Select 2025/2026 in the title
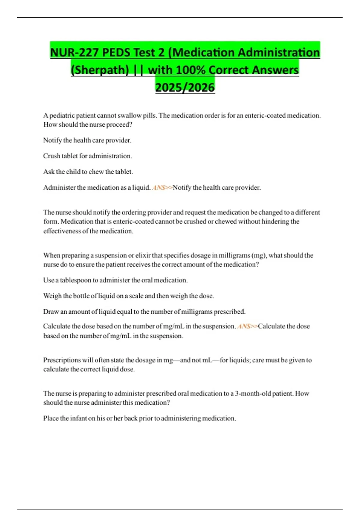[x=185, y=87]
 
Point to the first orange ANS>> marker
[x=162, y=188]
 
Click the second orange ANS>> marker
[x=247, y=326]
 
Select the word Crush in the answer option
[x=52, y=156]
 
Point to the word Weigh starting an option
[x=52, y=296]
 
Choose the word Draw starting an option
[x=51, y=312]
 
